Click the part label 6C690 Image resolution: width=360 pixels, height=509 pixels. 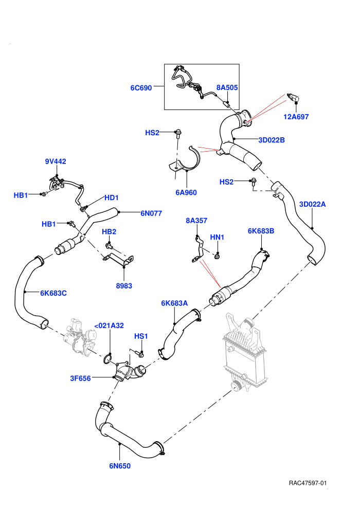141,88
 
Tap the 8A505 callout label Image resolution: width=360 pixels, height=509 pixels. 227,87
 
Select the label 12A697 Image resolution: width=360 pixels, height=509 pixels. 296,117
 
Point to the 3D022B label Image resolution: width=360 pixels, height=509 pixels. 272,140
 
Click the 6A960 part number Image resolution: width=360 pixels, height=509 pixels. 186,192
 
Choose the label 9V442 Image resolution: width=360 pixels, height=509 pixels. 56,161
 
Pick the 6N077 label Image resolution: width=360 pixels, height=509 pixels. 151,213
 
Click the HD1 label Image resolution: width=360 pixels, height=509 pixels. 112,198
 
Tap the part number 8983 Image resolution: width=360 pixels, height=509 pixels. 124,286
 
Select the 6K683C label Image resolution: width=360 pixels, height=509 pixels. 53,293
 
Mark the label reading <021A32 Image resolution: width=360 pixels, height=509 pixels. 109,325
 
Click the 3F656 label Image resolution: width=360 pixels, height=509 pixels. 80,378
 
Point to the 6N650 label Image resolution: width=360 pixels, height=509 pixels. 120,466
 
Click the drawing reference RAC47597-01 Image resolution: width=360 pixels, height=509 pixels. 308,483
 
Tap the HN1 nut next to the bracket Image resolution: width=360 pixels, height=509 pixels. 217,257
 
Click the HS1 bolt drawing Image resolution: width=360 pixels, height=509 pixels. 140,354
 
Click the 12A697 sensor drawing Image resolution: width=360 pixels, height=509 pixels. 294,98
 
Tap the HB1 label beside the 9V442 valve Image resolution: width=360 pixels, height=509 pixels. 21,195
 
